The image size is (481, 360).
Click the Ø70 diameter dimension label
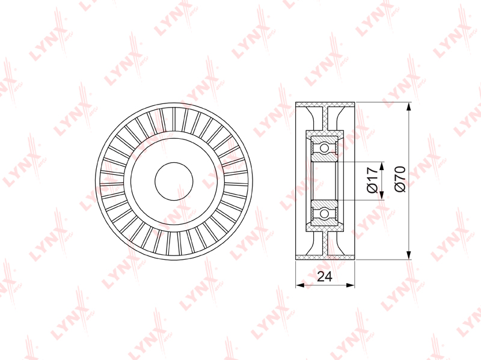400,179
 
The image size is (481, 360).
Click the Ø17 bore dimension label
372,180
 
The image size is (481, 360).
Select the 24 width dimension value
325,276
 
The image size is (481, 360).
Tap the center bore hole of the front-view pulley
174,182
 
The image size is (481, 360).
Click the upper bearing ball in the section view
324,148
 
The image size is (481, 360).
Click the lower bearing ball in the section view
324,213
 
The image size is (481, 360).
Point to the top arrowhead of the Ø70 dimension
408,108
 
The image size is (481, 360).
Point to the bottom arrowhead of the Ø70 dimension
408,254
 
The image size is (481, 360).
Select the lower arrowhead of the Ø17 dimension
382,195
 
